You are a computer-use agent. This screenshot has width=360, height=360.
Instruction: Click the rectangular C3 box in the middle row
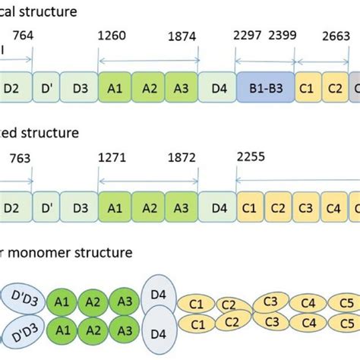[x=305, y=207]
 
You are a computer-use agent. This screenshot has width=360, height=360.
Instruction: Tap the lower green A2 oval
[x=93, y=331]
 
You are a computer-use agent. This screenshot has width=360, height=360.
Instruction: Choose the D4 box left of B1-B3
[x=219, y=88]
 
